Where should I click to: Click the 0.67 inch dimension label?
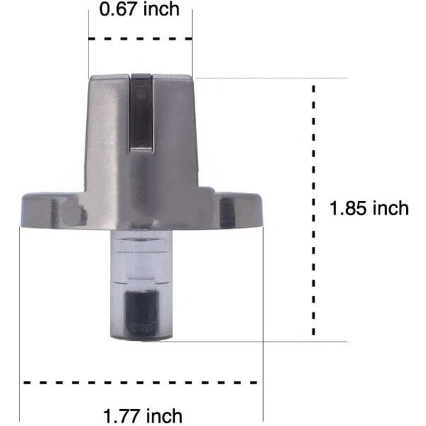tap(140, 9)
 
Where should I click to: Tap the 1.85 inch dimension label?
tap(369, 208)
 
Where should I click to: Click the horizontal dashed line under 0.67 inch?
tap(140, 38)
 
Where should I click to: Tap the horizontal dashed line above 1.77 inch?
tap(141, 382)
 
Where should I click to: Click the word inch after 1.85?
tap(390, 208)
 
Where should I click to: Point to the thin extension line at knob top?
tap(272, 78)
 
